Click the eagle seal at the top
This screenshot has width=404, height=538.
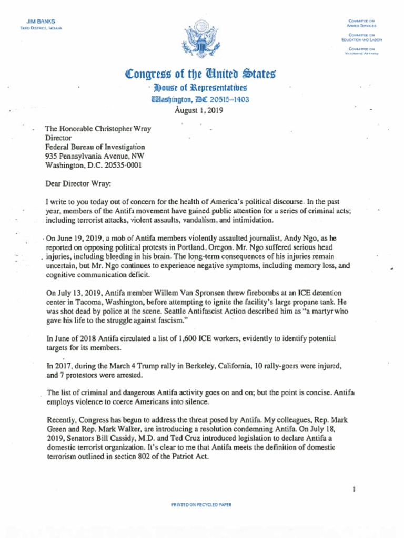point(201,39)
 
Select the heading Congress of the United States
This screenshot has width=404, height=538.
point(201,74)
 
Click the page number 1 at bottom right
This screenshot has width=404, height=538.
point(355,489)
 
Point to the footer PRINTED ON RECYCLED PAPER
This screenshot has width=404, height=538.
point(201,505)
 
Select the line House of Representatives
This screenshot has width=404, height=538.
point(201,88)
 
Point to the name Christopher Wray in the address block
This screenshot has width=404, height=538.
point(116,128)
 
